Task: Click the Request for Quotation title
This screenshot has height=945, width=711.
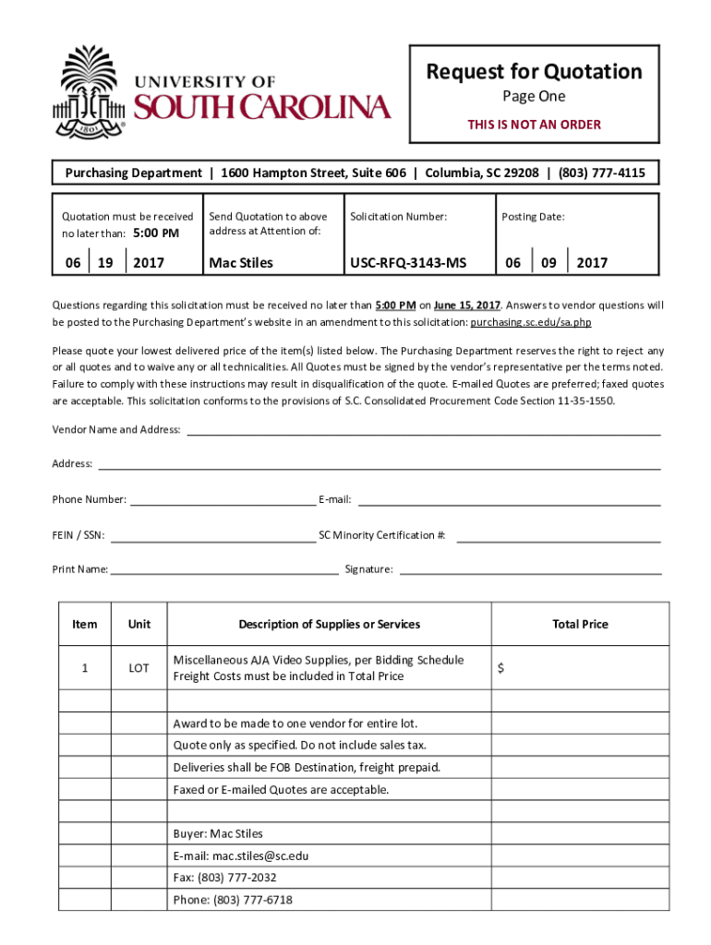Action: point(534,72)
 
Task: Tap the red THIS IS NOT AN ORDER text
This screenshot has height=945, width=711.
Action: point(534,125)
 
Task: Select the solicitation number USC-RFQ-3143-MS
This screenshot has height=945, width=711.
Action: point(407,263)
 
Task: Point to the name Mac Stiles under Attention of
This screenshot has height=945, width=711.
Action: point(241,263)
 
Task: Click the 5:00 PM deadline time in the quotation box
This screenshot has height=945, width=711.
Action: point(156,233)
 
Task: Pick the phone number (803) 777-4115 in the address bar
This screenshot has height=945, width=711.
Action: point(601,173)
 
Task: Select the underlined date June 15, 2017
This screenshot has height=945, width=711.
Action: point(467,305)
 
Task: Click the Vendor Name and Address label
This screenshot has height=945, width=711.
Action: point(116,429)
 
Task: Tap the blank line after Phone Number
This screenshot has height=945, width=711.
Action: point(223,504)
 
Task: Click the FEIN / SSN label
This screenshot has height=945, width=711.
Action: point(78,534)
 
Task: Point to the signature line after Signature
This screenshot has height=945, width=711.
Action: point(530,573)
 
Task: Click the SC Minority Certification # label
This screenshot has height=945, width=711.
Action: point(382,534)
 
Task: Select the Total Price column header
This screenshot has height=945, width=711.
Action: point(580,624)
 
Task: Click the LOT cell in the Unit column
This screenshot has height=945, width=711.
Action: point(139,668)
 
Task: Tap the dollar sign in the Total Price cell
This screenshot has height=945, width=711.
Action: point(500,669)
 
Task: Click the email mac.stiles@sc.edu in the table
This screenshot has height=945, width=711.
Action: point(241,855)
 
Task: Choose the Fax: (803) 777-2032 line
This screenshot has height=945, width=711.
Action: point(224,878)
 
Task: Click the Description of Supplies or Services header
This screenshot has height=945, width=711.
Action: point(329,624)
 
